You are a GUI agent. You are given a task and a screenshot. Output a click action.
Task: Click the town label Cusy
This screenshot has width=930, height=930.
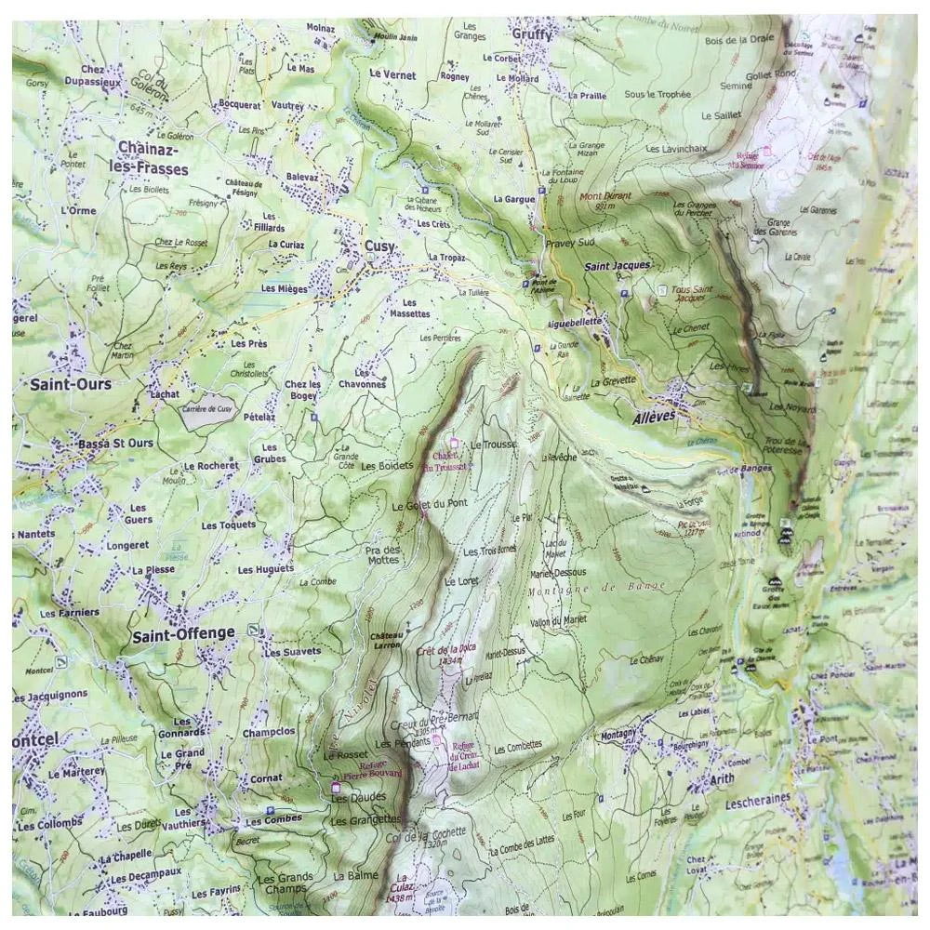[379, 247]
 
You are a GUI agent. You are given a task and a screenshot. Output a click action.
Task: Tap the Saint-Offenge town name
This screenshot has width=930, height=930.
[182, 635]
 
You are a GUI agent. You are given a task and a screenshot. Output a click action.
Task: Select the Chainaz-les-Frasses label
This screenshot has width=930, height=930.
[153, 157]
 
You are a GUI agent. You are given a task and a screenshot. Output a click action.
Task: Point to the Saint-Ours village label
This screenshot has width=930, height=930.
[70, 384]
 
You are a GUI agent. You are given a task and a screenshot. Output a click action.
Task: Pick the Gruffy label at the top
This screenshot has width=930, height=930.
[532, 34]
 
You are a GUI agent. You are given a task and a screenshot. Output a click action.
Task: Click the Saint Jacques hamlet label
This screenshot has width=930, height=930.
[617, 267]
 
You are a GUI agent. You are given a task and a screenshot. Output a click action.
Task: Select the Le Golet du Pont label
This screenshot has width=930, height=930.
[429, 505]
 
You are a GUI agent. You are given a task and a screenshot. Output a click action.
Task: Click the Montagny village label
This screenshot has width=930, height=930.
[619, 734]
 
